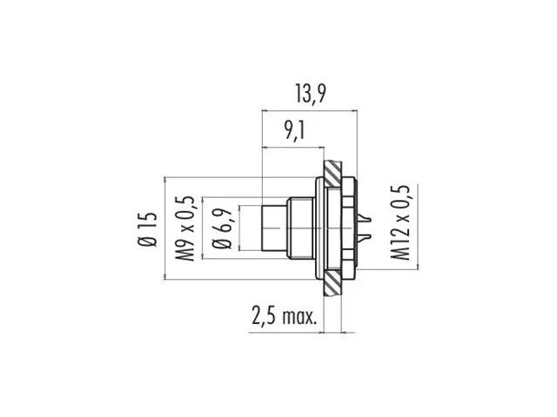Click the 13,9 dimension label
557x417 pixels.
coord(310,94)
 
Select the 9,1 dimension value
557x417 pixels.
coord(294,131)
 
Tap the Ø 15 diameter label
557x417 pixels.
coord(147,229)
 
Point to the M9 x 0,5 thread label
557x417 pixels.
coord(185,228)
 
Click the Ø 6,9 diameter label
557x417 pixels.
coord(222,228)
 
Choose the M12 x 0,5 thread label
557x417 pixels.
coord(400,222)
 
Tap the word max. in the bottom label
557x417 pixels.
coord(299,316)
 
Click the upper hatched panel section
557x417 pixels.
coord(332,174)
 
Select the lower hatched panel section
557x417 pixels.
coord(332,284)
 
